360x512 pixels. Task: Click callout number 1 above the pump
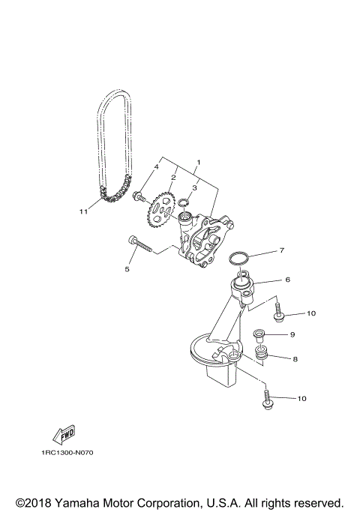pos(198,162)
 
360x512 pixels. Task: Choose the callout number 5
pos(127,268)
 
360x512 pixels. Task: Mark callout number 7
pos(281,250)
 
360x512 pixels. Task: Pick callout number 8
pos(295,359)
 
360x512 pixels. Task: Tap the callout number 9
pos(292,334)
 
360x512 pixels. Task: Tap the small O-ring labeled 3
pos(182,202)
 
